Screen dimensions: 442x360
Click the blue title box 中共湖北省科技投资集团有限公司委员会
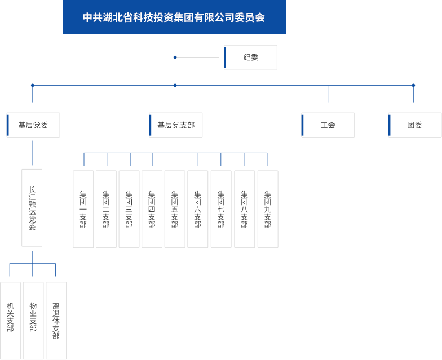[175, 17]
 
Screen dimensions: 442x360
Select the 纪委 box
[250, 57]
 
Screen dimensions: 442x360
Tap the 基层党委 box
[33, 125]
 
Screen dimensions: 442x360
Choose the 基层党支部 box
[176, 125]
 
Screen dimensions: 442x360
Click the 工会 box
[328, 125]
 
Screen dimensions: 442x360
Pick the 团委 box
[415, 125]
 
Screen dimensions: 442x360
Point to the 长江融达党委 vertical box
[32, 208]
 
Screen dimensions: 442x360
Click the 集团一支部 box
[83, 209]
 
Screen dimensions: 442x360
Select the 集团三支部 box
[129, 209]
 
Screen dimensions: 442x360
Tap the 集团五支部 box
[175, 209]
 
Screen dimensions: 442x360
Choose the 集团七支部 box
[221, 209]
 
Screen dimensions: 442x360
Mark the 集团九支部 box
[268, 209]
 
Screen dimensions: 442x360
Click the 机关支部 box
[10, 321]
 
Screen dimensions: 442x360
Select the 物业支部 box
[33, 321]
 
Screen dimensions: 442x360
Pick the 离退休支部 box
[56, 321]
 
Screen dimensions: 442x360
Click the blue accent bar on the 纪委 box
[225, 57]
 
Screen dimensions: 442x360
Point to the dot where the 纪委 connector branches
[175, 57]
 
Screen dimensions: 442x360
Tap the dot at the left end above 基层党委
[33, 85]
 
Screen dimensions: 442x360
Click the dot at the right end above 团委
[413, 85]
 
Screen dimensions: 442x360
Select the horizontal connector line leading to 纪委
[197, 57]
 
